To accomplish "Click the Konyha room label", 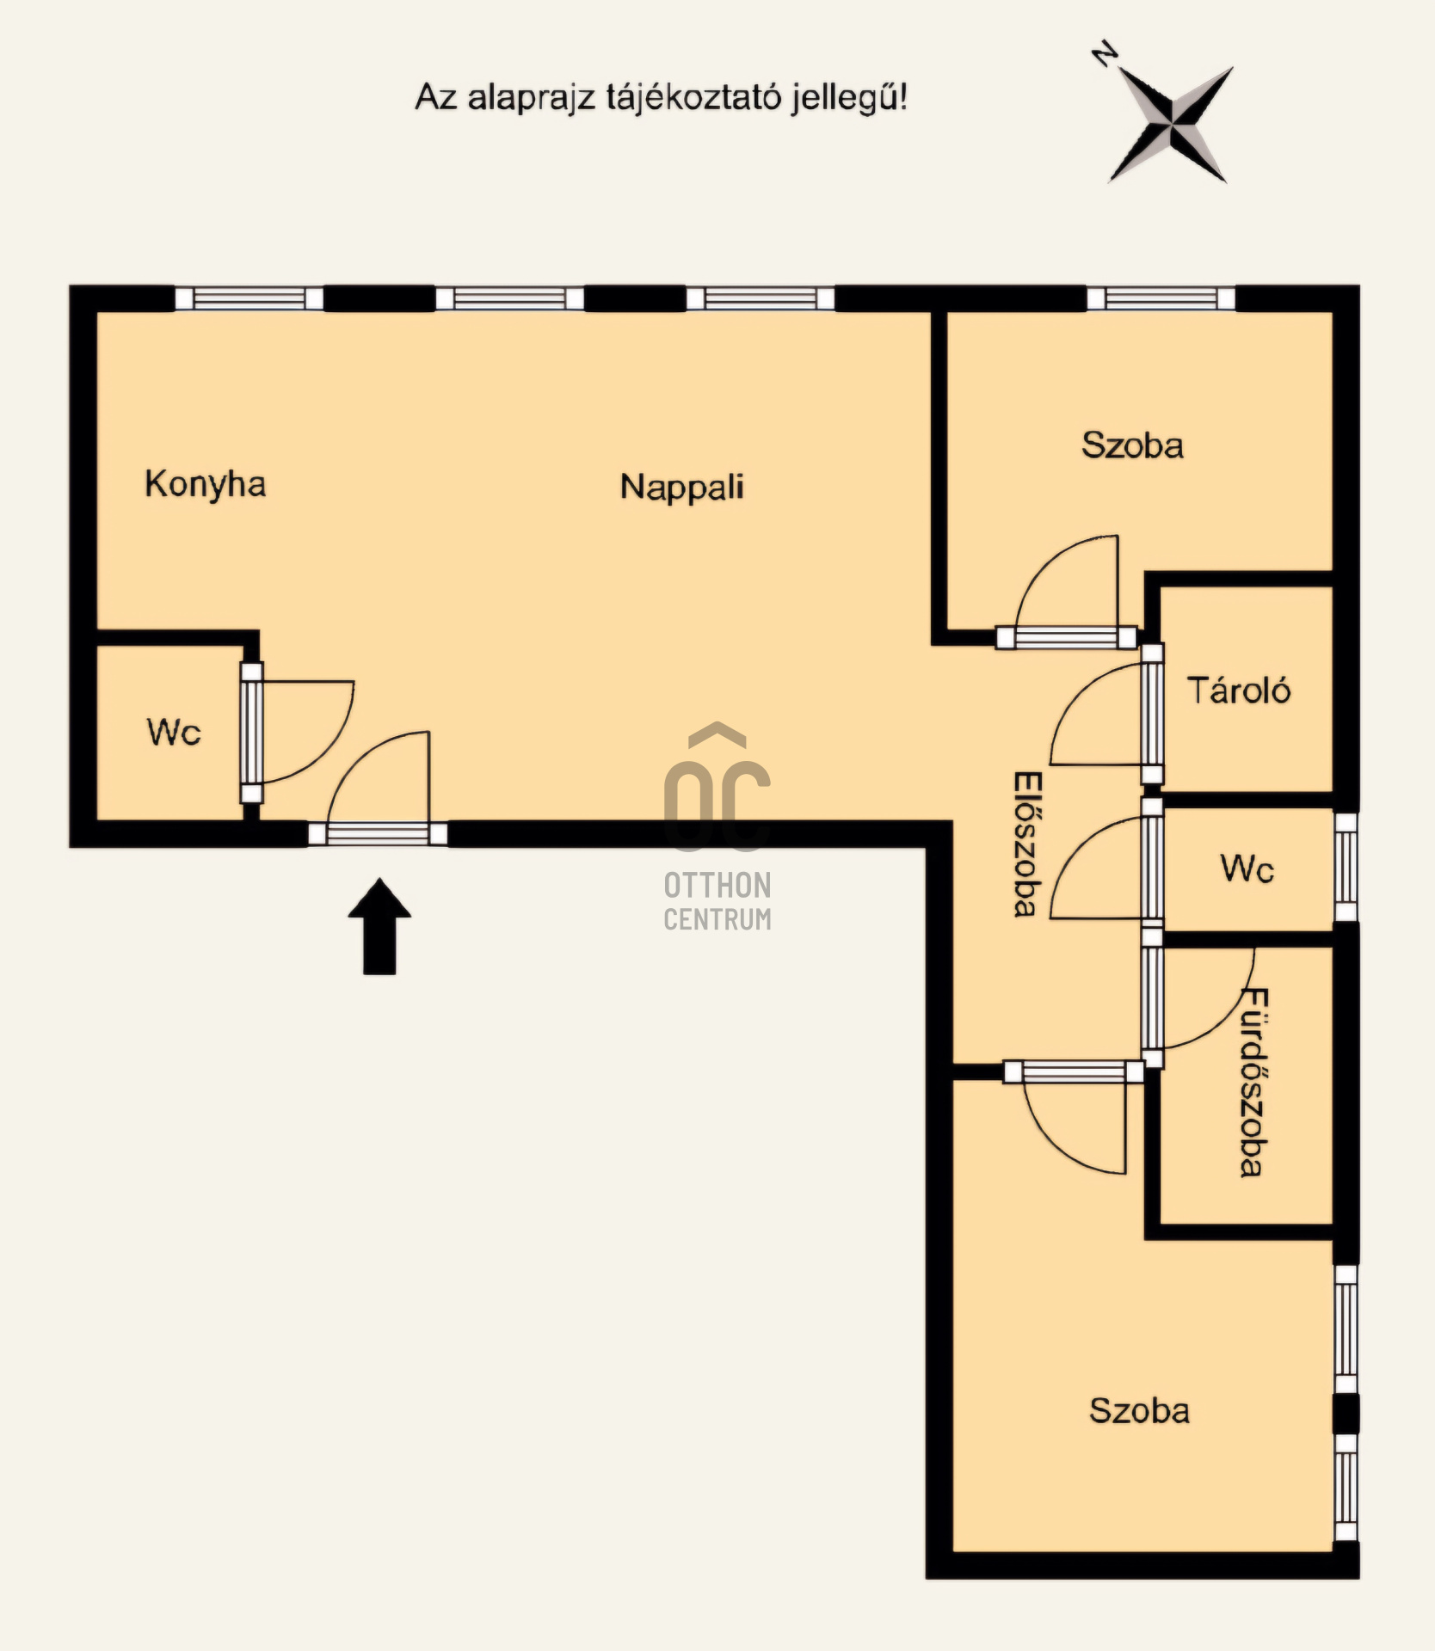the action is coord(206,485).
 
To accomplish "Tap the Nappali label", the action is coord(682,488).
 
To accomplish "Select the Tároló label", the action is coord(1239,690).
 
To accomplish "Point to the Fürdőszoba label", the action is coord(1253,1083).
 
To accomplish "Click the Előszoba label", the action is coord(1027,844).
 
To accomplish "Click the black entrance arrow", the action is coord(379,926).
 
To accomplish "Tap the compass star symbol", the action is coord(1171,125).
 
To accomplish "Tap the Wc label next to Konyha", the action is coord(174,733).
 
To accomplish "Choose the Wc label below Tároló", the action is coord(1247,868).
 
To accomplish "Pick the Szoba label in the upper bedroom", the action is coord(1132,445).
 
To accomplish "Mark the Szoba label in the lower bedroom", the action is coord(1139,1411).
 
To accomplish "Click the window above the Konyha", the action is coord(249,298).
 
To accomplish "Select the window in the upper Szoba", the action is coord(1161,298).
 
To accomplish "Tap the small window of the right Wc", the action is coord(1346,867).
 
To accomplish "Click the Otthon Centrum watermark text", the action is coord(717,901).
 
